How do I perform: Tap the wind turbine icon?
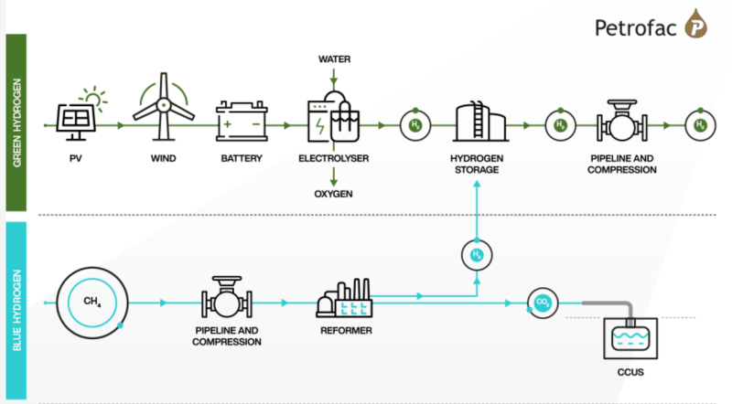tap(165, 108)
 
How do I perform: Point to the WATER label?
tap(334, 59)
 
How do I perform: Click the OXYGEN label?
tap(334, 193)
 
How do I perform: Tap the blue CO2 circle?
tap(542, 301)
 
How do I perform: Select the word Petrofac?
tap(635, 27)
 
